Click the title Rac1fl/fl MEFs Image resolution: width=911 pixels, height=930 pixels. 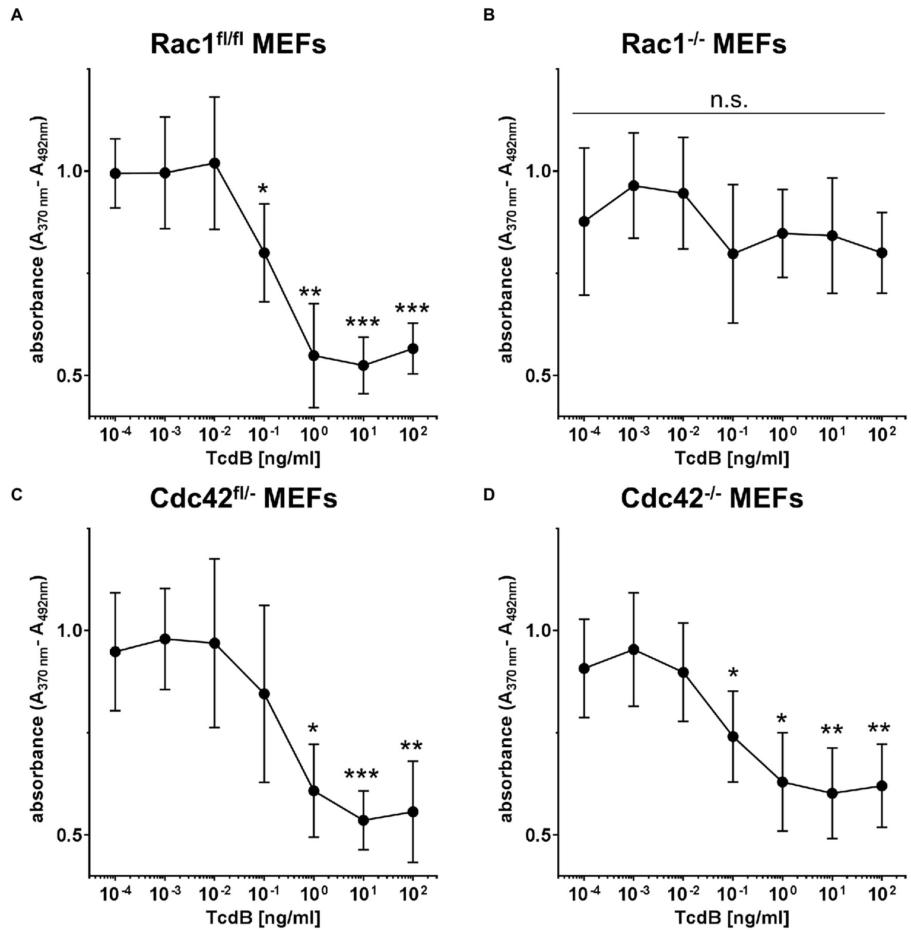point(238,44)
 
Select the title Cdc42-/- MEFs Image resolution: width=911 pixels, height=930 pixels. point(712,499)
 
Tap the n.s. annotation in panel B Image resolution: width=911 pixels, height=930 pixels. point(729,100)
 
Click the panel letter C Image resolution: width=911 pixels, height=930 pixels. point(17,495)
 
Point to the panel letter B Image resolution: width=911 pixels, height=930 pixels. point(489,15)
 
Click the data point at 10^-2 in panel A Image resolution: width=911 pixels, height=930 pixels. point(215,163)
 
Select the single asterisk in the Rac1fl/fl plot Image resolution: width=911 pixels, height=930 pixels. point(263,189)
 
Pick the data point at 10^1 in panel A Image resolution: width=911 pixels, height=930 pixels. point(363,366)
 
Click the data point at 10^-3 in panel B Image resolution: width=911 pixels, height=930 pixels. point(634,186)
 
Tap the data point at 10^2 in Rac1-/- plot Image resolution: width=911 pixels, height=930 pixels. point(882,252)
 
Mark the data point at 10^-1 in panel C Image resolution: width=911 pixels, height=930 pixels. point(265,694)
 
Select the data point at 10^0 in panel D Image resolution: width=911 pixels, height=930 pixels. point(782,782)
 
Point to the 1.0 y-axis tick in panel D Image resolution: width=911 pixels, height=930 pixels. point(537,630)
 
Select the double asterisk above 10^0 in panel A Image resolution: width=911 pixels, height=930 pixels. point(310,292)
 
